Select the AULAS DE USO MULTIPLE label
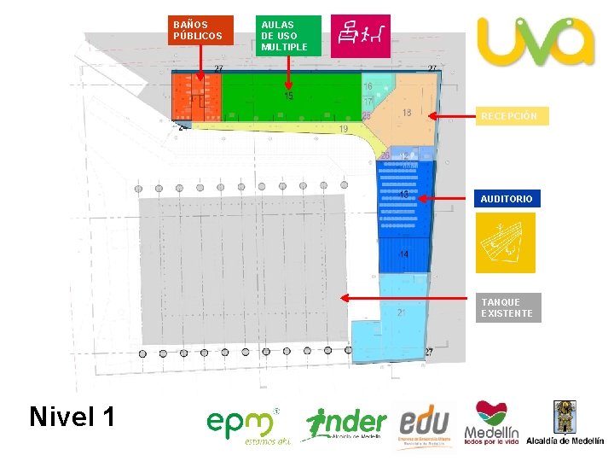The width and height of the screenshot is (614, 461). (290, 35)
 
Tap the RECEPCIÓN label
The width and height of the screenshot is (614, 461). (513, 116)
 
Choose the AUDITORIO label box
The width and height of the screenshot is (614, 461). (507, 199)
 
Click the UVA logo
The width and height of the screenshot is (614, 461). (536, 41)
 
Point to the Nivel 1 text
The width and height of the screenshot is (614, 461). (72, 417)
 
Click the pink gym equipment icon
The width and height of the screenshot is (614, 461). (361, 36)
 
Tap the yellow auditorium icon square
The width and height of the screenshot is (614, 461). (507, 242)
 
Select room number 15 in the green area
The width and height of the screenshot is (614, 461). (288, 97)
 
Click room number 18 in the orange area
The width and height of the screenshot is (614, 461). (407, 113)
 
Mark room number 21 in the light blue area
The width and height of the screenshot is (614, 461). (401, 312)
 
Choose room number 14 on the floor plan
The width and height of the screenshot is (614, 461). (403, 254)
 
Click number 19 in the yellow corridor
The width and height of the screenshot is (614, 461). (343, 129)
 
